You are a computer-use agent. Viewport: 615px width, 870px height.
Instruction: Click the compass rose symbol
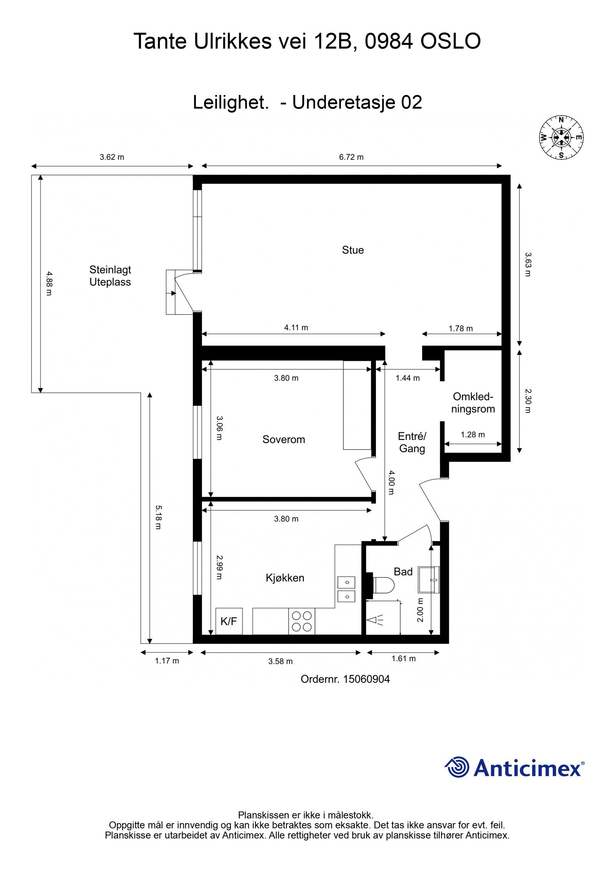click(x=561, y=137)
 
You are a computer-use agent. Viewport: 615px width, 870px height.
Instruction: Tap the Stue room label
click(x=353, y=250)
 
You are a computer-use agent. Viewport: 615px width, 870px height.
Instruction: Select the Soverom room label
click(x=284, y=439)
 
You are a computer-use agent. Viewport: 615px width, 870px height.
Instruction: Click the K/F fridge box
click(x=229, y=621)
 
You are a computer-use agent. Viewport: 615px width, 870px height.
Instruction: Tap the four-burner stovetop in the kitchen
click(x=302, y=621)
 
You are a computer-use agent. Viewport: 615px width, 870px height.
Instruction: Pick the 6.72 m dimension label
click(x=351, y=157)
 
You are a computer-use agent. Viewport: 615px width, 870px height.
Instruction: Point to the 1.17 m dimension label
click(x=167, y=661)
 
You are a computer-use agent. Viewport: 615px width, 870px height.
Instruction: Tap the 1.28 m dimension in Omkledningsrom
click(x=473, y=434)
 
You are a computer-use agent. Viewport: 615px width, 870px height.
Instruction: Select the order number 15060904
click(x=366, y=679)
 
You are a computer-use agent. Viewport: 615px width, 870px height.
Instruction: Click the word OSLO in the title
click(x=450, y=42)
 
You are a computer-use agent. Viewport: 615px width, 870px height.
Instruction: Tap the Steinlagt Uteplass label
click(x=110, y=276)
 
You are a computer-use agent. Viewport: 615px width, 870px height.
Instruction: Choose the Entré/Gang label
click(x=412, y=442)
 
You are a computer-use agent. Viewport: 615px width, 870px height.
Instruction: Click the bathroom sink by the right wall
click(x=429, y=580)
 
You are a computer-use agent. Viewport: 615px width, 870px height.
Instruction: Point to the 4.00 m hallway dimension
click(x=391, y=482)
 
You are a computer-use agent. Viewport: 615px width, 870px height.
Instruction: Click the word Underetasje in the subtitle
click(x=344, y=102)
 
